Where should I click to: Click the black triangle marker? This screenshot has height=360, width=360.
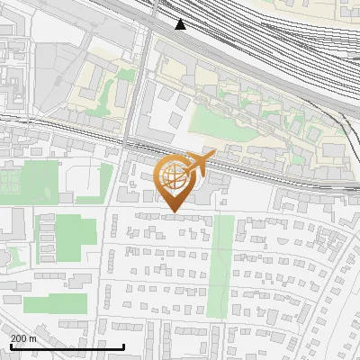pyautogui.click(x=181, y=24)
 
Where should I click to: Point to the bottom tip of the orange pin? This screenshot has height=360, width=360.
pyautogui.click(x=173, y=212)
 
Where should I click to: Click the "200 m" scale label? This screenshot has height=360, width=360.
pyautogui.click(x=23, y=337)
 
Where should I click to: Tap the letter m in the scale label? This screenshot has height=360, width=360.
pyautogui.click(x=32, y=337)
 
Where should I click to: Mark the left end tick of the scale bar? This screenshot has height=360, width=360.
pyautogui.click(x=11, y=345)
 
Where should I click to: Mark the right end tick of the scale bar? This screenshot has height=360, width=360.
pyautogui.click(x=123, y=345)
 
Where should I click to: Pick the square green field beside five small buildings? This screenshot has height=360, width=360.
pyautogui.click(x=67, y=234)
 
